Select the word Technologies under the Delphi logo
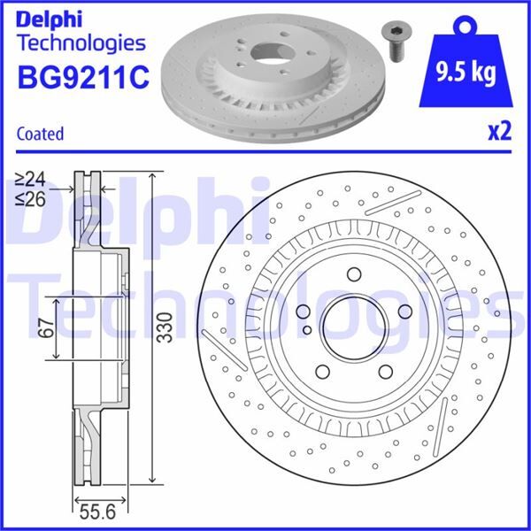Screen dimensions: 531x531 (x=80, y=42)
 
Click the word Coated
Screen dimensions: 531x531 (x=40, y=135)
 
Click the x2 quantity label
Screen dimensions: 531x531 (x=500, y=132)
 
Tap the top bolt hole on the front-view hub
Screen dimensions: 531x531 (x=351, y=273)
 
